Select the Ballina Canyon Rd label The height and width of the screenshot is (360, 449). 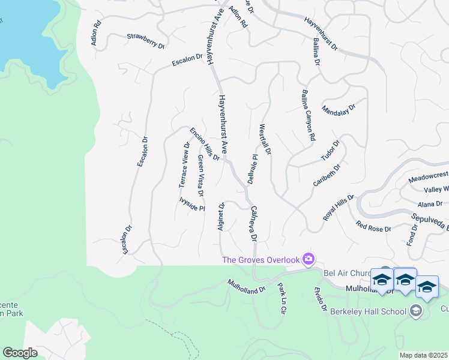307,115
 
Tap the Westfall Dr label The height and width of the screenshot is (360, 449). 265,139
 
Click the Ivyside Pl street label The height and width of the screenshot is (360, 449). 192,205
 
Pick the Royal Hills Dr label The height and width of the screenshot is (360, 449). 339,208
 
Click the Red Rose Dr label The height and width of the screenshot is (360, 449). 373,226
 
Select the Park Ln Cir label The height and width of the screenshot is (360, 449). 281,299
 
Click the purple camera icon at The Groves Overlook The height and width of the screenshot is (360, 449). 309,259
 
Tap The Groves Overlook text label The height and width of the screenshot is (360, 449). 261,260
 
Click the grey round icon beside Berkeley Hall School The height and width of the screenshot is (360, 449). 415,311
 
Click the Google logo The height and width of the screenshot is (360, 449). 20,353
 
